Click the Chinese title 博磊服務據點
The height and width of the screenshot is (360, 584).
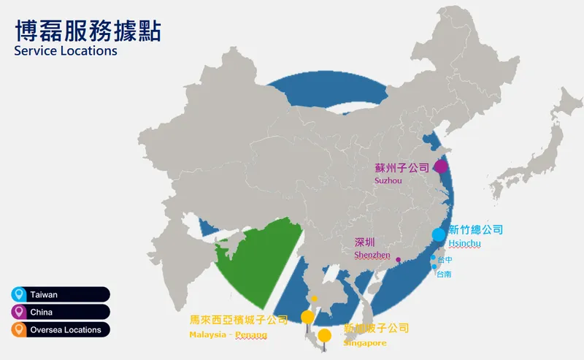point(88,31)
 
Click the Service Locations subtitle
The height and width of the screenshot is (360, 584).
point(65,52)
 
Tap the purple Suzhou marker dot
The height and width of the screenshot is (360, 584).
point(441,166)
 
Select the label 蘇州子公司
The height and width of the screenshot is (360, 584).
point(402,167)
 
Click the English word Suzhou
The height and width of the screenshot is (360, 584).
point(388,180)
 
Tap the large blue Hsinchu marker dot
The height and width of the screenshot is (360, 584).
point(438,234)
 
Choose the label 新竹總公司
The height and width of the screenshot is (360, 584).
point(475,229)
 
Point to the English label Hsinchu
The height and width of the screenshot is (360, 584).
point(466,243)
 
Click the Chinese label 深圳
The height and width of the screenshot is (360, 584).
point(364,242)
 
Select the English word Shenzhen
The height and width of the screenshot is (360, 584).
point(372,255)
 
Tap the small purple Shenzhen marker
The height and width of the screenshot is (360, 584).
point(398,260)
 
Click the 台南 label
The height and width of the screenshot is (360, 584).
point(444,274)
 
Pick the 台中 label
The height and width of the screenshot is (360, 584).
point(445,259)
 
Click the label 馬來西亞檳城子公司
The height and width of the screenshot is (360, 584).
point(239,320)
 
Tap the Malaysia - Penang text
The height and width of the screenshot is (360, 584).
point(228,334)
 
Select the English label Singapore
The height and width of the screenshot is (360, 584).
point(365,342)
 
